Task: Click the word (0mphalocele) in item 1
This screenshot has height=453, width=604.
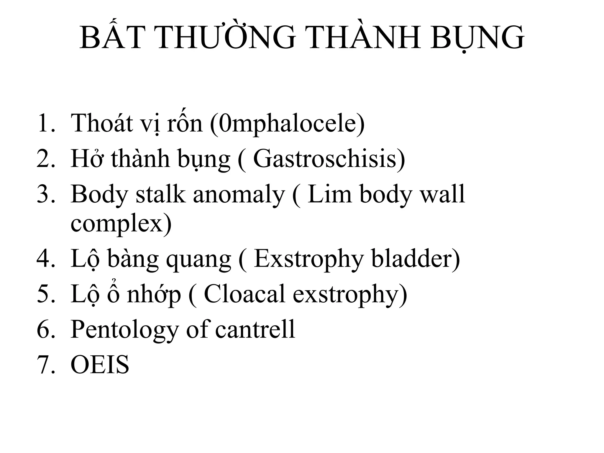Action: [288, 123]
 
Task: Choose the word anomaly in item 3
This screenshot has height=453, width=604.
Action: [239, 195]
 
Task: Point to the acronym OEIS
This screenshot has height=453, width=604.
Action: [100, 365]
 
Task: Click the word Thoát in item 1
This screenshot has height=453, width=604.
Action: [102, 123]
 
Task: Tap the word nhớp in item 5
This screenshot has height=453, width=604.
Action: [154, 295]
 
